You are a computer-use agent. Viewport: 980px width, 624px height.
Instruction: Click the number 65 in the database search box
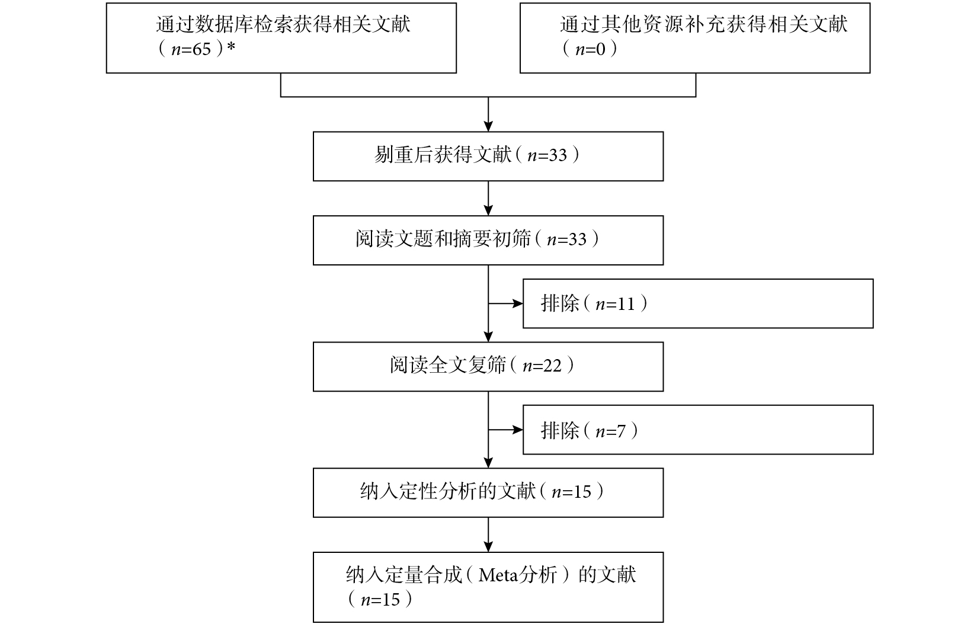[201, 49]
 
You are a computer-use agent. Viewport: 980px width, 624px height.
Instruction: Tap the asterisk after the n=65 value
[231, 46]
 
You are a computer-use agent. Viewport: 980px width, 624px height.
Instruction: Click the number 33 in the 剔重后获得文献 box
[558, 155]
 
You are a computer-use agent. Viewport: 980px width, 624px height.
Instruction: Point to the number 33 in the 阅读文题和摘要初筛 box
[577, 239]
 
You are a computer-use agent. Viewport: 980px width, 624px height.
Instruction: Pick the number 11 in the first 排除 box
[626, 304]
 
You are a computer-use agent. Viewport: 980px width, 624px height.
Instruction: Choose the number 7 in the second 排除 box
[622, 431]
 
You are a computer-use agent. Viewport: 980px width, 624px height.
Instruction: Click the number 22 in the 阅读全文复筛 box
[553, 366]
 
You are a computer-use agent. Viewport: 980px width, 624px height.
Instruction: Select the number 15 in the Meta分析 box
[390, 600]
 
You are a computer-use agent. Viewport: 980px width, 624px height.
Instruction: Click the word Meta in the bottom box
[498, 575]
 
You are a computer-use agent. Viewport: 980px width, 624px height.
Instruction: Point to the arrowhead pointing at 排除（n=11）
[518, 303]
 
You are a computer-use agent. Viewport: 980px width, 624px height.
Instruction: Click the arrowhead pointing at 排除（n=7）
[518, 430]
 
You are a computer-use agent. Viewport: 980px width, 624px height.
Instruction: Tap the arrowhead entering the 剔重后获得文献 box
[488, 126]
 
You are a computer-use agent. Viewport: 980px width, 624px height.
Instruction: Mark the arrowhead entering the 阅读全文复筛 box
[488, 337]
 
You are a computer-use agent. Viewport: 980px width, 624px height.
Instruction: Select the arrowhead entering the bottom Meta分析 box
[488, 547]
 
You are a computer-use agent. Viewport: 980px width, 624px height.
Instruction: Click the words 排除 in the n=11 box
[559, 303]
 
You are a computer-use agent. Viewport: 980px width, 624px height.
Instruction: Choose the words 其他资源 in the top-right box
[628, 24]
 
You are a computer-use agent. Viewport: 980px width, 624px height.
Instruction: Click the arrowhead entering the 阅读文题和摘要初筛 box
[488, 210]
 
